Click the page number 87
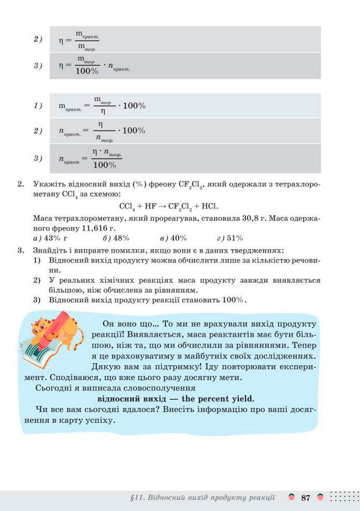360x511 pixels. [305, 498]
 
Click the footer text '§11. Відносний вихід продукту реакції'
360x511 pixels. [203, 498]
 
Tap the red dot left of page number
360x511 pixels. [292, 498]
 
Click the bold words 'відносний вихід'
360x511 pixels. [129, 399]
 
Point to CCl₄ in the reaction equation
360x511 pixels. [127, 206]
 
